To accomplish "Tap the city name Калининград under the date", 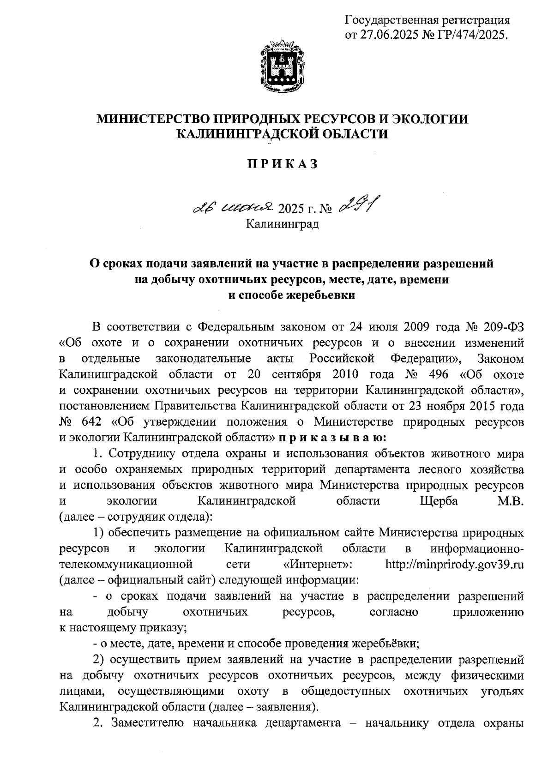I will click(x=282, y=224).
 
